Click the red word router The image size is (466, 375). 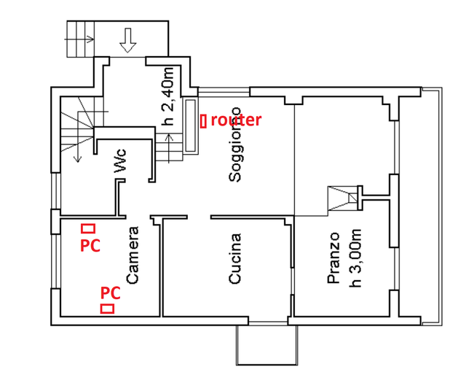236,120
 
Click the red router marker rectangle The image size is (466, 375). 203,122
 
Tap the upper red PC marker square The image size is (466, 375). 88,228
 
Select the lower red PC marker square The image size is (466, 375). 107,309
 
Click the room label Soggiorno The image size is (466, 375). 235,144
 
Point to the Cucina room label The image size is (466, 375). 234,258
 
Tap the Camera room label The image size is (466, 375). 133,255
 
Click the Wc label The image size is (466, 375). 121,161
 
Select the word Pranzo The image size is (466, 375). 333,258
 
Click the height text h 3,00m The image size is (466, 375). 355,258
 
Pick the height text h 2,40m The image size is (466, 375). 167,96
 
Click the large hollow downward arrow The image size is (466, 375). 128,40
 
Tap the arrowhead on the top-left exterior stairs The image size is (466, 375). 91,39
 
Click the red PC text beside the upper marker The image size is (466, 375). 90,246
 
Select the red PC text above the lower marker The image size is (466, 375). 110,293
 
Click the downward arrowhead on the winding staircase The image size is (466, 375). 78,159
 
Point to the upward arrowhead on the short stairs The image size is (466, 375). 170,137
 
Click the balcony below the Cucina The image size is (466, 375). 267,345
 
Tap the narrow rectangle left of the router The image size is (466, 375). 190,125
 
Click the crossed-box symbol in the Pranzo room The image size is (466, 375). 343,198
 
